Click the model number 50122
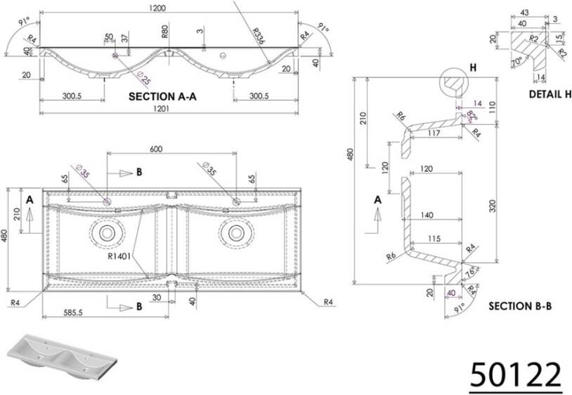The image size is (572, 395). [515, 374]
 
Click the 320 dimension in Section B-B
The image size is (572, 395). [492, 206]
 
